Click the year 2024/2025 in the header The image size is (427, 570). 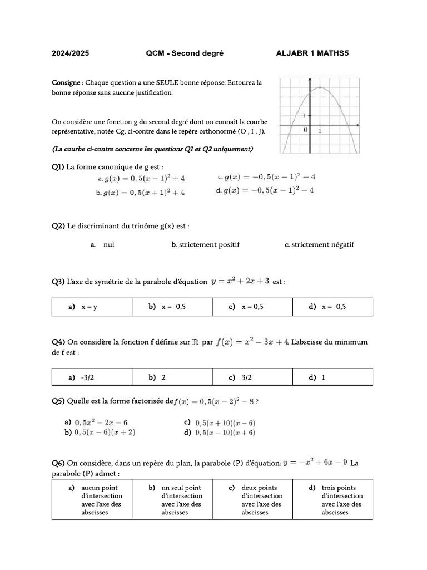coord(70,53)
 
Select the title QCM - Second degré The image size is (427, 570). coord(185,53)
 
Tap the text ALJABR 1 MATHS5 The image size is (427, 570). coord(312,53)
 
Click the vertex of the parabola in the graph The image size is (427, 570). coord(320,87)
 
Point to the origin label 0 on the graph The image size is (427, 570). coord(305,130)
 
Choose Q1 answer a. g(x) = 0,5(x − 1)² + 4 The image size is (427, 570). coord(141,179)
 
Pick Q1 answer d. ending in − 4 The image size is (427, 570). coord(265,190)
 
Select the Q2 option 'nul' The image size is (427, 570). coord(108,244)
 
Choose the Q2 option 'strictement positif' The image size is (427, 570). coord(206,244)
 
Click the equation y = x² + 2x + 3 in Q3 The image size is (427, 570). coord(240,281)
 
